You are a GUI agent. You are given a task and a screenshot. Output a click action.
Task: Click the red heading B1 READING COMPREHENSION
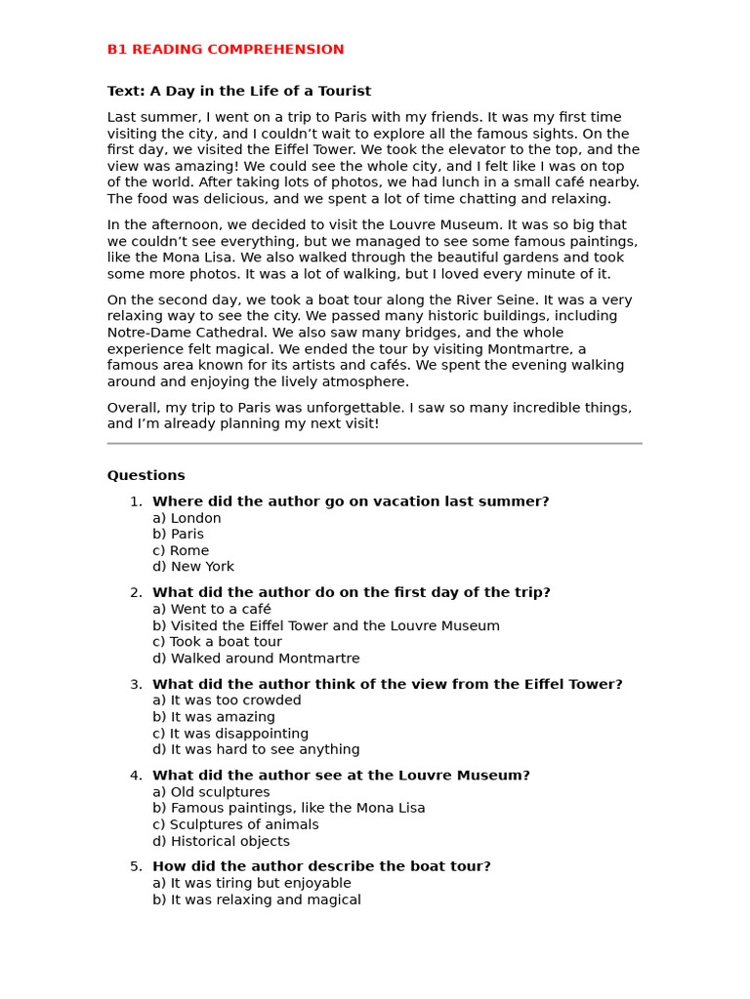(x=226, y=50)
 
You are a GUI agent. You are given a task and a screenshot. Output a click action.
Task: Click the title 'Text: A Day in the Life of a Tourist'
(x=239, y=92)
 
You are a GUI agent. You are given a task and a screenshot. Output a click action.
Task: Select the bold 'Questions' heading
(x=146, y=476)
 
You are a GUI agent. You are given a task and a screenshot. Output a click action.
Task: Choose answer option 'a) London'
(x=187, y=518)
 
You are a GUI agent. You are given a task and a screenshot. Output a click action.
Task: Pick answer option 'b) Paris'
(x=178, y=535)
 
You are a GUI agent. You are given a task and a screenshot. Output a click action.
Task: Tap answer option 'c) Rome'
(x=181, y=551)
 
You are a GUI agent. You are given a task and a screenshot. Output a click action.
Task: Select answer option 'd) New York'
(x=193, y=567)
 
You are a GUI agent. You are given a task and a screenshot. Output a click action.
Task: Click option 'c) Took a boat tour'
(x=217, y=642)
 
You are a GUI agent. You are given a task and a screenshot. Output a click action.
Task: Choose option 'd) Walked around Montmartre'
(x=256, y=659)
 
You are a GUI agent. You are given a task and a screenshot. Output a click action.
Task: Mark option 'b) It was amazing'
(x=214, y=717)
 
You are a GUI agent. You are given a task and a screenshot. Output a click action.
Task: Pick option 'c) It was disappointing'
(x=230, y=734)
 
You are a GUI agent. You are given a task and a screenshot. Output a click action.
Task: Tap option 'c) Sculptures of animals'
(x=235, y=824)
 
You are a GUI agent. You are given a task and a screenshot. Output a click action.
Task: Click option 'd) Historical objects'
(x=221, y=841)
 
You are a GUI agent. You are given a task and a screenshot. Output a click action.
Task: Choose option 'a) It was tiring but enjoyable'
(x=252, y=883)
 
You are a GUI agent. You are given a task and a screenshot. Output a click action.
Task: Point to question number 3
(x=136, y=685)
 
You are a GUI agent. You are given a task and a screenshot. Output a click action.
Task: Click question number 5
(x=136, y=866)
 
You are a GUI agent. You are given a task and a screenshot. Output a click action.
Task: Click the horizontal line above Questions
(x=374, y=444)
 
